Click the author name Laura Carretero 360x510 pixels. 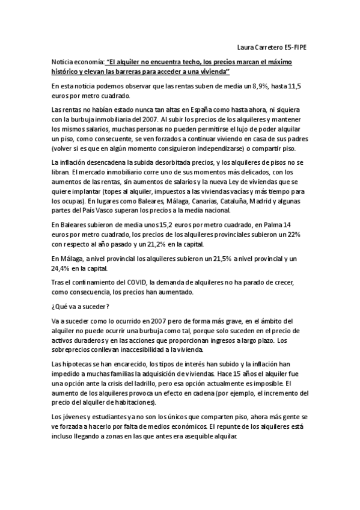[260, 46]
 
